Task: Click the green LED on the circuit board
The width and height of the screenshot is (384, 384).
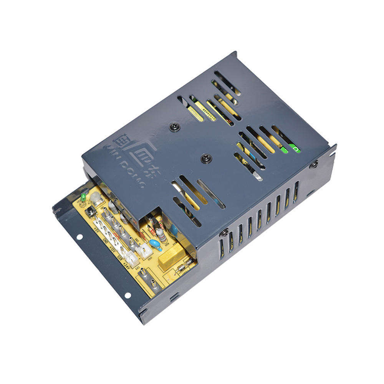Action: coord(83,197)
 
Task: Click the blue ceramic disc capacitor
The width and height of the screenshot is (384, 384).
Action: coord(155,244)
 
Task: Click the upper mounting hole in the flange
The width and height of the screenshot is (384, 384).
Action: coord(79,237)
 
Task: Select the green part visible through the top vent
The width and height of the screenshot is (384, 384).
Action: coord(294,148)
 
